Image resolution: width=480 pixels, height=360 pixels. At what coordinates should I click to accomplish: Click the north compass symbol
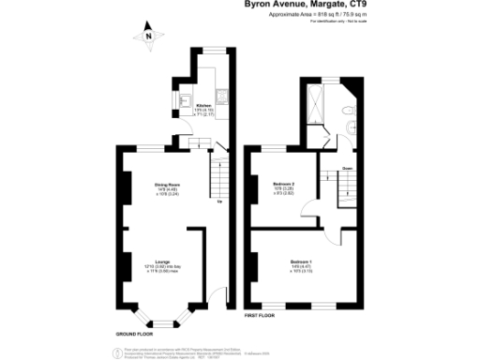point(147,38)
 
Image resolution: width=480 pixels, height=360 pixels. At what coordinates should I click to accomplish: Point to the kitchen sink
point(185,98)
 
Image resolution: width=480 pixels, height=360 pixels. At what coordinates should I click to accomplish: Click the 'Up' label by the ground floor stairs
point(219,200)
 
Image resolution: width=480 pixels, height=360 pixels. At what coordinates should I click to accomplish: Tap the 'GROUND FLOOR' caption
point(136,335)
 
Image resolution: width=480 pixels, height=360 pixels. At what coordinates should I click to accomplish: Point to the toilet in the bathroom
point(349,126)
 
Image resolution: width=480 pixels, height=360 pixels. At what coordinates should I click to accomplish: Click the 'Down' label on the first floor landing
point(346,169)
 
